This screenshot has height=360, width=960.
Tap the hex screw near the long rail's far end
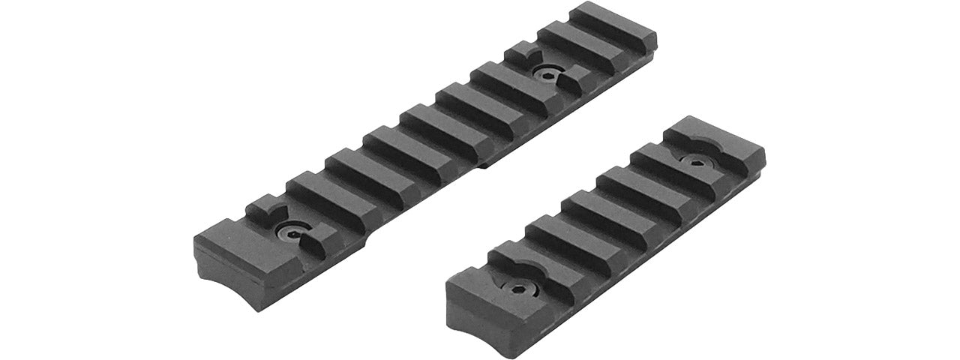pyautogui.click(x=541, y=71)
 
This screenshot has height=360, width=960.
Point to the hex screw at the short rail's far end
pyautogui.click(x=694, y=161)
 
